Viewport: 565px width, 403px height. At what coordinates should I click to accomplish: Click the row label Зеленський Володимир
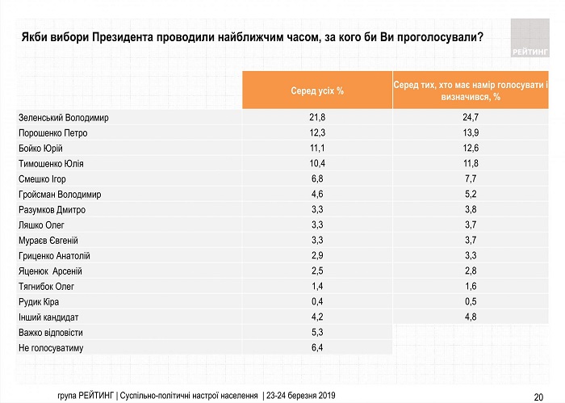pyautogui.click(x=63, y=117)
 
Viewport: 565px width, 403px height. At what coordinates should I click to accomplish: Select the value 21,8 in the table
pyautogui.click(x=317, y=117)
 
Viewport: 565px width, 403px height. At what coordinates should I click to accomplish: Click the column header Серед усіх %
pyautogui.click(x=317, y=90)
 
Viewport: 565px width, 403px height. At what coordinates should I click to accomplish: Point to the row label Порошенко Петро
pyautogui.click(x=52, y=132)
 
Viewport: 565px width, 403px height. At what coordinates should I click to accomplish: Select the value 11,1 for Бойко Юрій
pyautogui.click(x=317, y=148)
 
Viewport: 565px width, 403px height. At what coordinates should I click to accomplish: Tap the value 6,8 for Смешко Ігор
pyautogui.click(x=317, y=178)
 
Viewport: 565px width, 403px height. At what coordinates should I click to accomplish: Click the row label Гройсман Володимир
pyautogui.click(x=60, y=194)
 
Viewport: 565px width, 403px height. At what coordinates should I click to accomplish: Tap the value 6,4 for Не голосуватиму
pyautogui.click(x=317, y=348)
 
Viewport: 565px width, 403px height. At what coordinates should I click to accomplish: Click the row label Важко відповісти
pyautogui.click(x=50, y=333)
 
